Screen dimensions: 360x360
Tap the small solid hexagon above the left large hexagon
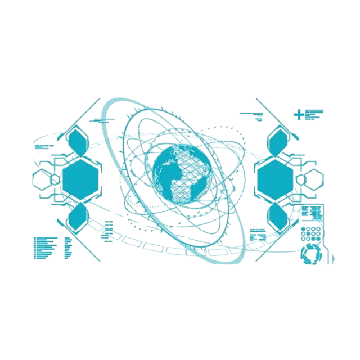click(x=77, y=142)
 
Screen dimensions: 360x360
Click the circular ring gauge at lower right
click(x=312, y=254)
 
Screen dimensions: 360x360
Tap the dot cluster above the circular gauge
click(x=311, y=233)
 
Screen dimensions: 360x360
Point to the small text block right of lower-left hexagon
click(x=106, y=230)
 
